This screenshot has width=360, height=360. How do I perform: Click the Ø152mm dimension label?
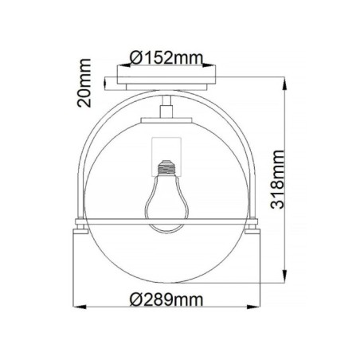(x=166, y=57)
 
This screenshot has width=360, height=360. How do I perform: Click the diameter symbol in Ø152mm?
(x=135, y=57)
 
